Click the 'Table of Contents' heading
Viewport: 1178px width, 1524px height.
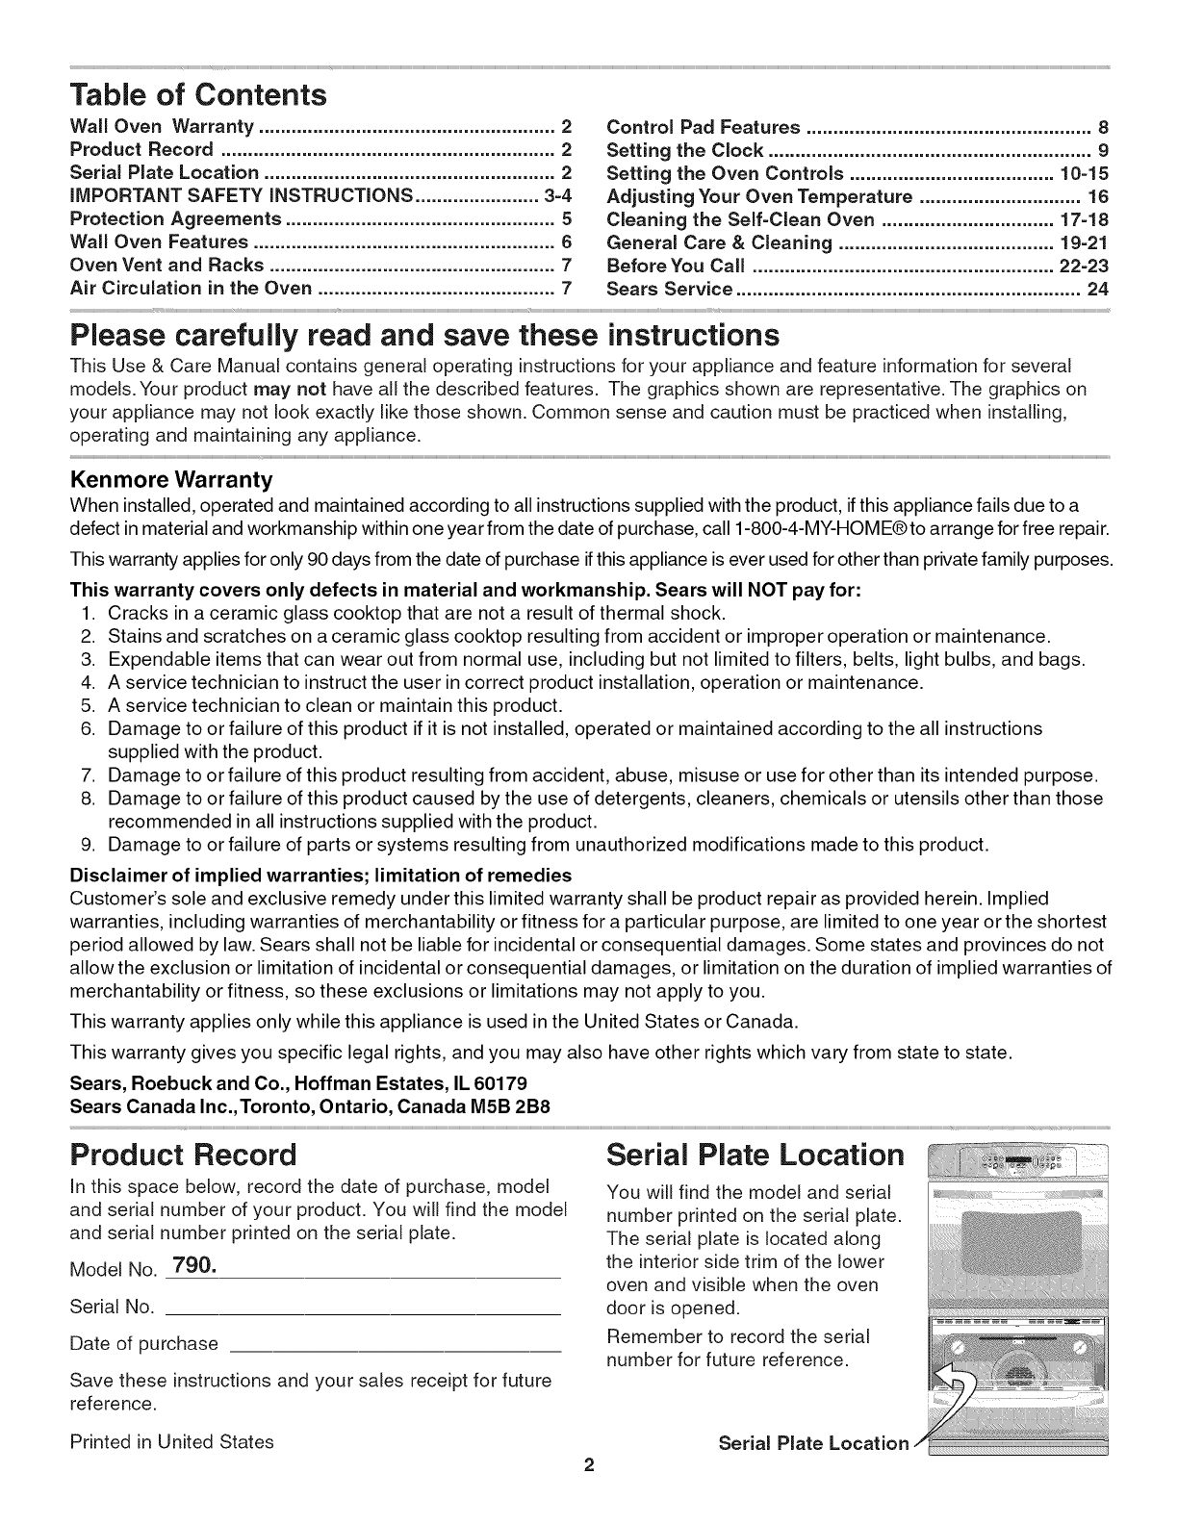point(199,95)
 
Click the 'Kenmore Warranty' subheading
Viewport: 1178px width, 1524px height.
point(171,479)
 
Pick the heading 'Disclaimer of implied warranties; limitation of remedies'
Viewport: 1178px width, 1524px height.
point(320,875)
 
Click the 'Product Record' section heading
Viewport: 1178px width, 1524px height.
point(184,1153)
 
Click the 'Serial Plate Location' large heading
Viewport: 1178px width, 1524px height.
point(755,1153)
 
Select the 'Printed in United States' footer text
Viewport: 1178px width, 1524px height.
point(172,1441)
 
